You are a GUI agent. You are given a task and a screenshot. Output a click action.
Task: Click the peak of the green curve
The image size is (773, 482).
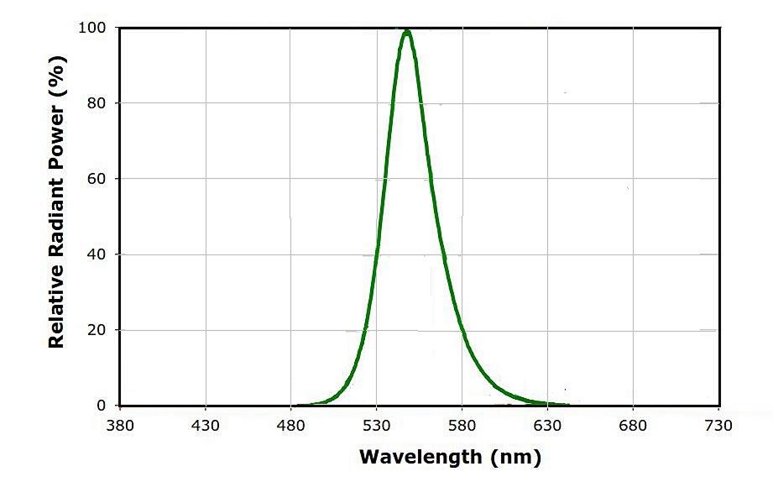[x=407, y=32]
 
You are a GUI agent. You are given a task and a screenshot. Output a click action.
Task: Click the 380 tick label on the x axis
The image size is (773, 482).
[x=120, y=426]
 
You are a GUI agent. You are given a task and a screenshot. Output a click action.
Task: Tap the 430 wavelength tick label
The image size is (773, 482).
[x=206, y=426]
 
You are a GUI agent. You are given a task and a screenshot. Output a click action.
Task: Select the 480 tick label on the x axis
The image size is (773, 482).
[x=291, y=426]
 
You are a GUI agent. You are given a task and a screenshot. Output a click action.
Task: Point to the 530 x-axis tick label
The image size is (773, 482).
[x=377, y=426]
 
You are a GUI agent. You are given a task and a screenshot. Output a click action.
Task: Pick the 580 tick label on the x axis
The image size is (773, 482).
[x=462, y=426]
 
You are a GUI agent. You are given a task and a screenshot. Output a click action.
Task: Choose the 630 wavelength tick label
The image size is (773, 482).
[x=548, y=426]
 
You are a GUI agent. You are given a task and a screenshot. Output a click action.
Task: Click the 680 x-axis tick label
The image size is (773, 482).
[x=634, y=426]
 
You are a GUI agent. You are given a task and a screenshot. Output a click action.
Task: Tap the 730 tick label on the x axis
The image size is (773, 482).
[x=719, y=426]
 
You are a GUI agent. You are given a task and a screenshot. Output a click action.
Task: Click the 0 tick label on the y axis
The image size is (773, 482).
[x=102, y=406]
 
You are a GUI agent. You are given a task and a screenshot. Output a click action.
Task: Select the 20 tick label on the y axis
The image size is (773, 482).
[x=97, y=330]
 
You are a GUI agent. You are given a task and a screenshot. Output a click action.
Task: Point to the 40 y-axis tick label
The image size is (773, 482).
[x=97, y=254]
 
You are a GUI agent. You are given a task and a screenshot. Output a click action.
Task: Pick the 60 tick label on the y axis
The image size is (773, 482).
[x=97, y=179]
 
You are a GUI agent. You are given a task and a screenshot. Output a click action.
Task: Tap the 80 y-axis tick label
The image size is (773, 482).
[x=97, y=103]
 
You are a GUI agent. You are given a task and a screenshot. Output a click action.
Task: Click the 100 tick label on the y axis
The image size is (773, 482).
[x=93, y=28]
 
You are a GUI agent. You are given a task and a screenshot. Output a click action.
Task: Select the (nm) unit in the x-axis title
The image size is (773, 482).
[x=511, y=458]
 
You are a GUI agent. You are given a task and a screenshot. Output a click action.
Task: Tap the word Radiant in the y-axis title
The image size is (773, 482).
[x=56, y=222]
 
